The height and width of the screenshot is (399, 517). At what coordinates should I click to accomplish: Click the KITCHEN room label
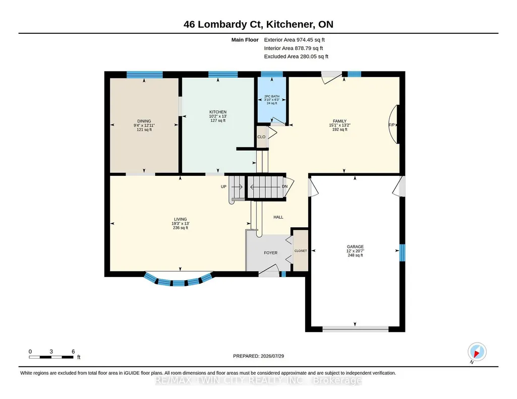pos(218,112)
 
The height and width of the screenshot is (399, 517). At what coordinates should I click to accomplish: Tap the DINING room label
pos(144,121)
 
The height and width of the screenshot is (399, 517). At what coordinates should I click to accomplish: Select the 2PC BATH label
pos(272,96)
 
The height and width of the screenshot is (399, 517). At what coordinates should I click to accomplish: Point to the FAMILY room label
pos(339,121)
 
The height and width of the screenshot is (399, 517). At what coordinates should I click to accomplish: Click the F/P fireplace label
pos(391,125)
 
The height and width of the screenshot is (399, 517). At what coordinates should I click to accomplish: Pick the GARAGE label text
pos(355,246)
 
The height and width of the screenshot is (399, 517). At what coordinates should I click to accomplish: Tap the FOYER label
pos(271,253)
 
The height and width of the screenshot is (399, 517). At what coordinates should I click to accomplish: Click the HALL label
pos(278,217)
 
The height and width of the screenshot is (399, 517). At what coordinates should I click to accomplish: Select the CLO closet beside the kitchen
pos(261,137)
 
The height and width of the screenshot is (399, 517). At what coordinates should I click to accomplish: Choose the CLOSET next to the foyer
pos(301,251)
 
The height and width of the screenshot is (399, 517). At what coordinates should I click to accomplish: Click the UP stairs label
pos(223,187)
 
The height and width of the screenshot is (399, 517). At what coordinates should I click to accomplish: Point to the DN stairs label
pos(284,186)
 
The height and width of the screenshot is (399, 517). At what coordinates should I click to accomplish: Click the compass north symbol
pos(477,352)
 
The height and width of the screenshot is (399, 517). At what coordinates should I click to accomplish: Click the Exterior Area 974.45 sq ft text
pos(295,40)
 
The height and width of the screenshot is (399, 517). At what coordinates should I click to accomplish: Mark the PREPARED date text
pos(258,356)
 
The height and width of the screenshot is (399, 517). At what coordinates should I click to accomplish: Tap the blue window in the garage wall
pos(403,253)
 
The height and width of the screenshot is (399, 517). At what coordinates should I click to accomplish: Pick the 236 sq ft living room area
pos(181,228)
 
